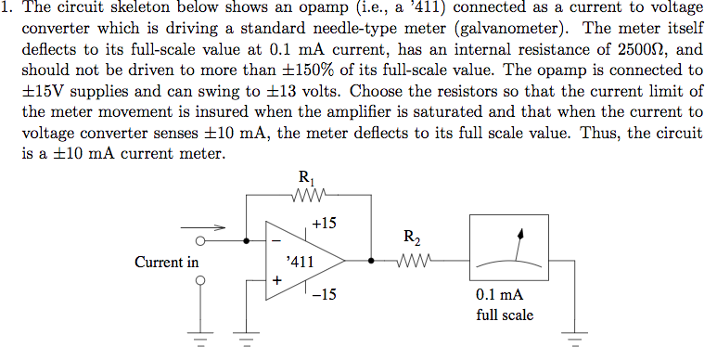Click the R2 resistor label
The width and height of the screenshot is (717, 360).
pos(413,238)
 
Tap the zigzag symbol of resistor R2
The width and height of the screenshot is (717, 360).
pos(414,261)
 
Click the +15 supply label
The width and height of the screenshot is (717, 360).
pos(325,223)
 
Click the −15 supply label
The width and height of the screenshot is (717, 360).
pos(325,297)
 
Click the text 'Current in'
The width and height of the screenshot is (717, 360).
pos(166,262)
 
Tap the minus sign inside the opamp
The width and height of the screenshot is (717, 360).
pos(275,242)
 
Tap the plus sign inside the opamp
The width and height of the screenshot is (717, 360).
pos(275,278)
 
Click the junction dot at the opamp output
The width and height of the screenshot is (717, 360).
pos(371,261)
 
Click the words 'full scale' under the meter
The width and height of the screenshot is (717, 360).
pos(504,315)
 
